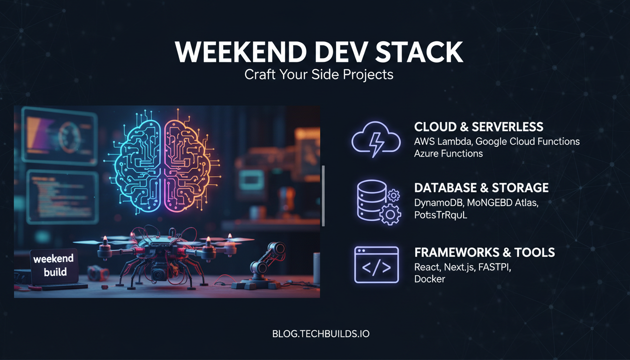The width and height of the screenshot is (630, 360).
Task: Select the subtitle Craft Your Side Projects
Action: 319,75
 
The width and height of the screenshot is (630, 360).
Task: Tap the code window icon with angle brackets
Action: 376,265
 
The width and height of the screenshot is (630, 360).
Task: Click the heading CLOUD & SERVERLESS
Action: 479,127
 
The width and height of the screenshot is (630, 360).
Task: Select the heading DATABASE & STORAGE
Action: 481,188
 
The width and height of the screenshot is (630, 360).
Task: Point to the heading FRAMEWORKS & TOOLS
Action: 484,252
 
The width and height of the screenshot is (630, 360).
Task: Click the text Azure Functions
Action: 448,153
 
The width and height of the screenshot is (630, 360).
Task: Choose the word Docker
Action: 429,279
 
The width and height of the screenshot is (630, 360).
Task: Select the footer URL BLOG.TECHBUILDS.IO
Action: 321,334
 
